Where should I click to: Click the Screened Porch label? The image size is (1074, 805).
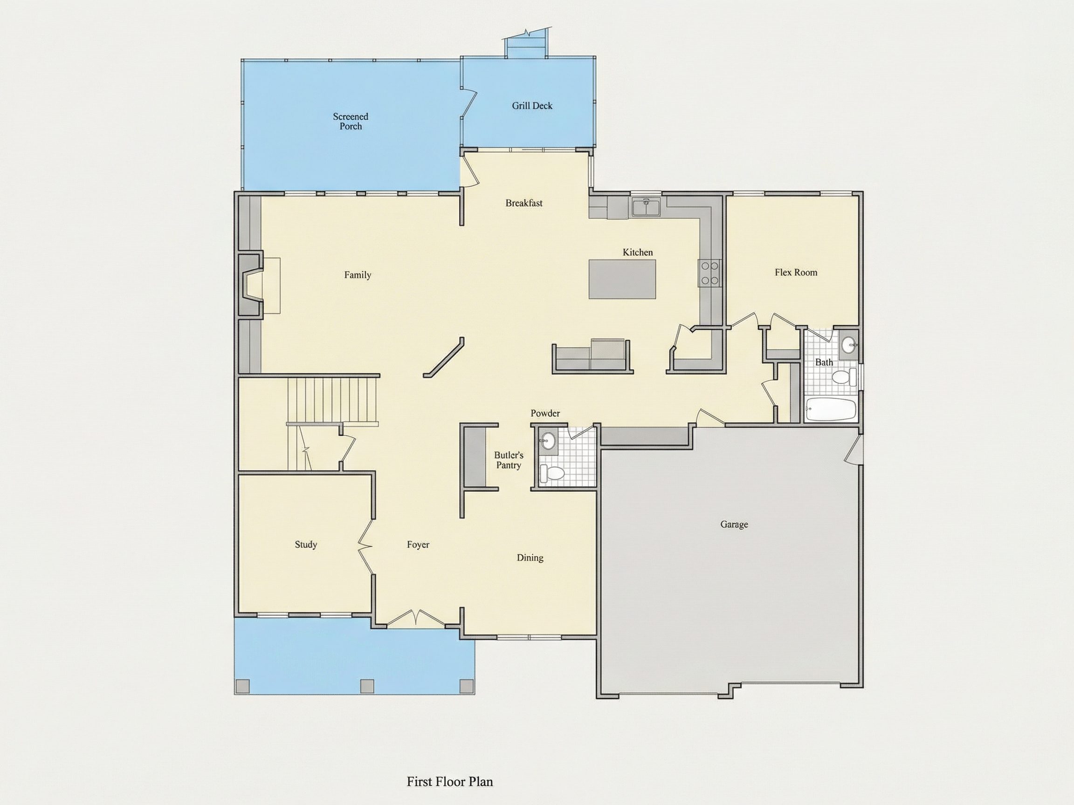[351, 121]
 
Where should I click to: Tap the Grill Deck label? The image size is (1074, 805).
[532, 106]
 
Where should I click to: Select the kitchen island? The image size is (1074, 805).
[622, 279]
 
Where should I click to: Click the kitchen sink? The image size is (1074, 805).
[646, 207]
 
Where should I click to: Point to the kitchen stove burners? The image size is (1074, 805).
[709, 273]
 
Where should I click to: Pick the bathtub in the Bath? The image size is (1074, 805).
[830, 409]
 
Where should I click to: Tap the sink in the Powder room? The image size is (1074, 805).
[547, 441]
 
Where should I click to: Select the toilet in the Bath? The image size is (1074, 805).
[844, 376]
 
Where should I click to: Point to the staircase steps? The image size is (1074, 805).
[332, 400]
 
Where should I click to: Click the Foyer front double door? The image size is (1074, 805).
[416, 618]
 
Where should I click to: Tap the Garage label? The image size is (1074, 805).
[734, 525]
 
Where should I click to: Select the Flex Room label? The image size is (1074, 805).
[796, 273]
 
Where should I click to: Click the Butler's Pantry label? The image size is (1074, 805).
[509, 460]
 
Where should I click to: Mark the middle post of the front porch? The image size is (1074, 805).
[367, 686]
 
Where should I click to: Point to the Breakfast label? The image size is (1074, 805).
[524, 203]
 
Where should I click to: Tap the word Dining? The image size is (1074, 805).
[530, 558]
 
